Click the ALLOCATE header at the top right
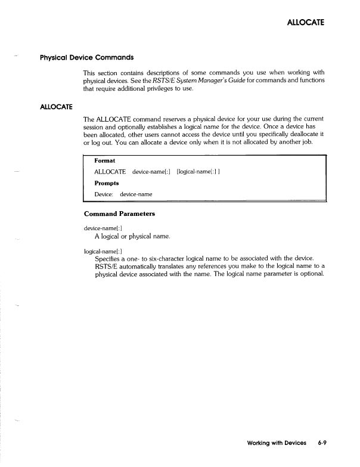coord(305,23)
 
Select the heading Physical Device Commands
coord(86,58)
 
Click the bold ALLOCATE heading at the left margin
coord(56,106)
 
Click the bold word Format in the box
coord(105,161)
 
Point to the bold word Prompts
coord(106,183)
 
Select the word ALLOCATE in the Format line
coord(110,172)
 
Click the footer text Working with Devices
coord(277,443)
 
